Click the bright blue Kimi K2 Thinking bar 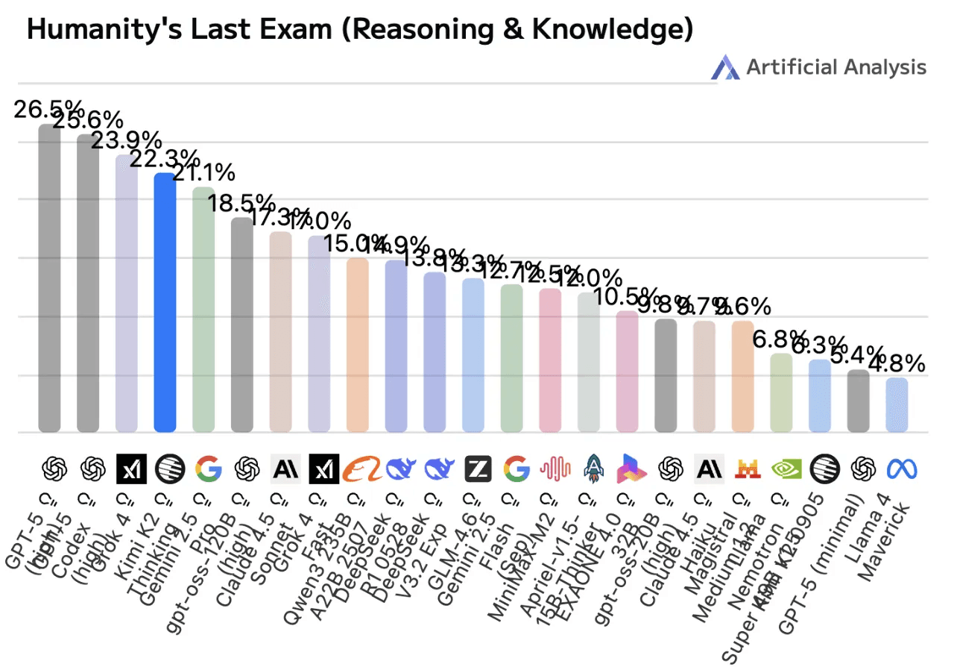point(165,302)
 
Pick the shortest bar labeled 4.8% point(897,404)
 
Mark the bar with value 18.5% point(241,325)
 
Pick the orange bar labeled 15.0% point(358,345)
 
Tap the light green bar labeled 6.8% point(781,392)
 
